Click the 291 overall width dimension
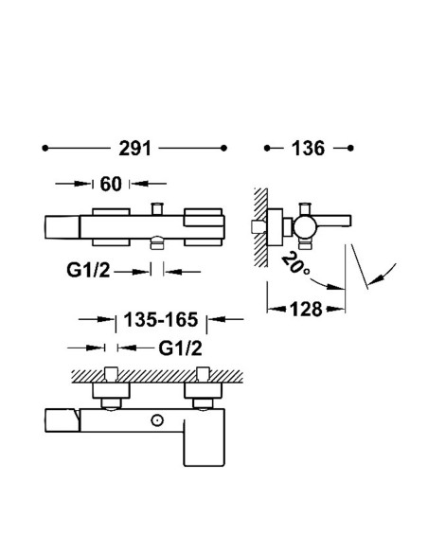tap(136, 149)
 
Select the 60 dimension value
tap(111, 184)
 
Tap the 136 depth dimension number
tap(309, 149)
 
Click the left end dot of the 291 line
tap(45, 149)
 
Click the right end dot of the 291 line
tap(225, 149)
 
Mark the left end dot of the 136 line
tap(269, 149)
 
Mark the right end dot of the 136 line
tap(351, 149)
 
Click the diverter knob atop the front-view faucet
tap(158, 209)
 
